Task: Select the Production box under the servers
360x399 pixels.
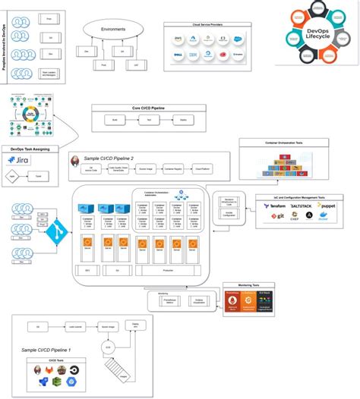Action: (x=168, y=269)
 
